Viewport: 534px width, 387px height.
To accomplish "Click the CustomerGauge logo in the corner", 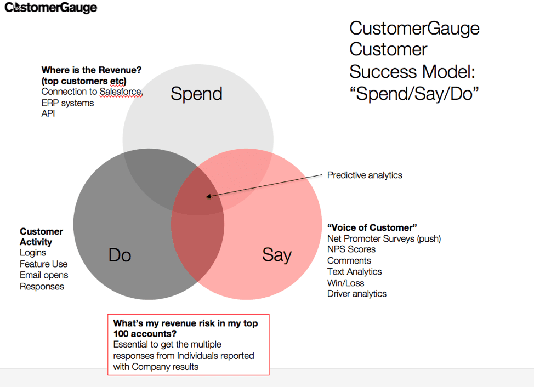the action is pos(51,7).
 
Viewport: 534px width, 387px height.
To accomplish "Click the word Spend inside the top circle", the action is pos(196,94).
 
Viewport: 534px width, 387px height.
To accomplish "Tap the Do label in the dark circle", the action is pos(120,255).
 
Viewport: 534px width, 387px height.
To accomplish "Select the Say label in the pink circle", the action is pos(277,255).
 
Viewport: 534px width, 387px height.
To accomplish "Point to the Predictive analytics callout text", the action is pos(365,175).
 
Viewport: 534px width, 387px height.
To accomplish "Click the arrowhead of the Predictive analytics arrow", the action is pos(208,196).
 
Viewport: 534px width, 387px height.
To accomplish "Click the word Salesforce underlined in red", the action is pos(121,92).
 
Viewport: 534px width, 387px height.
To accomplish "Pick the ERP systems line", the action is pos(67,103).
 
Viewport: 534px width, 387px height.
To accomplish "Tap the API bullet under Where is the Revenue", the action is pos(48,113).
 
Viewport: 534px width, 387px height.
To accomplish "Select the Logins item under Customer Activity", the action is pos(33,253).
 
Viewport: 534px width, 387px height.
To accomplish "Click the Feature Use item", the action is pos(44,264).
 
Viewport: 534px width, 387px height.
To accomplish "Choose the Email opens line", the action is pos(44,275).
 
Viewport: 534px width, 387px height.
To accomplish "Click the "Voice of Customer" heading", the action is pos(372,227).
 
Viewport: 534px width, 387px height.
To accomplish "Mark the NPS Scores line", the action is pos(351,249).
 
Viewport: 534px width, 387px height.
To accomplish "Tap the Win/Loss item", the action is pos(345,283).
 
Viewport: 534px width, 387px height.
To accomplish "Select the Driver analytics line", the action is pos(357,293).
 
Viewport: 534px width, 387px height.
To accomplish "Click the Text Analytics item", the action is pos(355,272).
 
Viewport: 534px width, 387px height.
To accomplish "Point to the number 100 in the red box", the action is pos(121,334).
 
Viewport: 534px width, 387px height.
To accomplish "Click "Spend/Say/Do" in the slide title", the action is pos(414,93).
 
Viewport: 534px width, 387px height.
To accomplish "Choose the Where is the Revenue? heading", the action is pos(91,70).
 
